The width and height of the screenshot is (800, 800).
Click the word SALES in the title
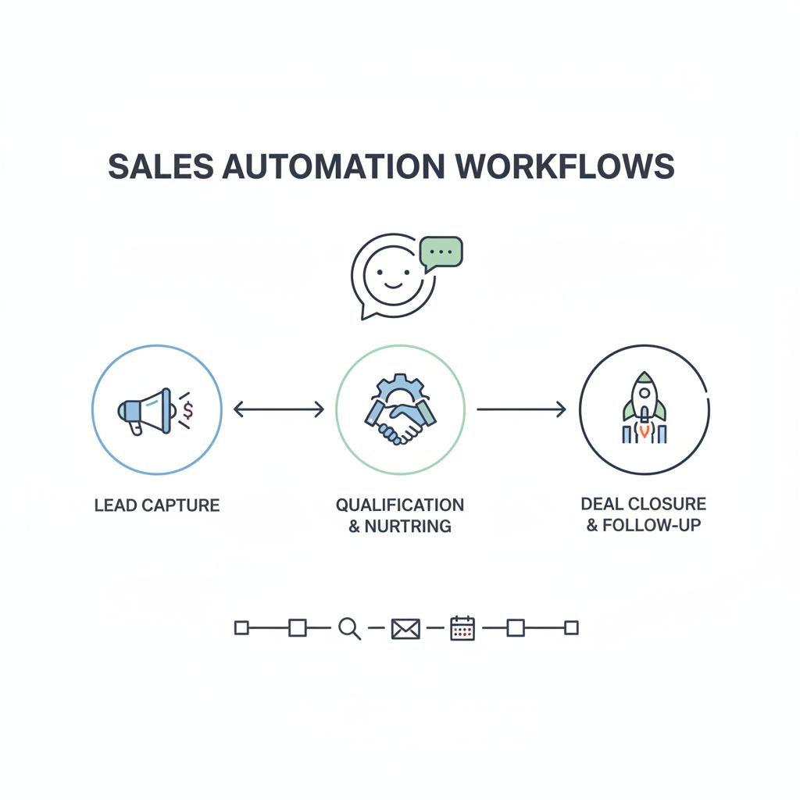[x=159, y=167]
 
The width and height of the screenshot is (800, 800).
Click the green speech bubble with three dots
[x=441, y=252]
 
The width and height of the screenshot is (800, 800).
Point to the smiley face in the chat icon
[x=389, y=275]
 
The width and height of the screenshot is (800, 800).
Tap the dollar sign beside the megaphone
[x=187, y=410]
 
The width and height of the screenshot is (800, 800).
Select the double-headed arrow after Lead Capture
[x=279, y=409]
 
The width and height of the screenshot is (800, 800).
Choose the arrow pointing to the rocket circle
[x=521, y=409]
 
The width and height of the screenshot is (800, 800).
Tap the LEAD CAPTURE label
[x=157, y=505]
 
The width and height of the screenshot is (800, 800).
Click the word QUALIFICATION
[x=400, y=505]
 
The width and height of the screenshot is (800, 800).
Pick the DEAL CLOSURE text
[x=644, y=504]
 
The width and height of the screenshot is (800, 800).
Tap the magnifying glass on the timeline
[x=349, y=628]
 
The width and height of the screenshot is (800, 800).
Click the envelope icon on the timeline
[x=405, y=628]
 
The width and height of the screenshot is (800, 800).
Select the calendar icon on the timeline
[x=462, y=628]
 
